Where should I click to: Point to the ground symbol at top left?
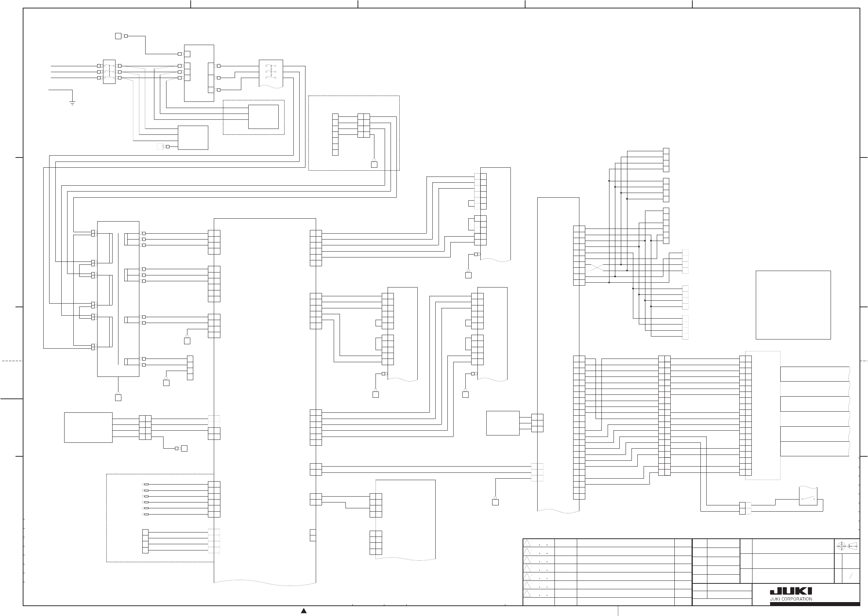72,103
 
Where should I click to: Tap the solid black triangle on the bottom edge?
304,610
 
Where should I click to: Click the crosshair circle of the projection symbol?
842,546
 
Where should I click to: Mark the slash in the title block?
851,576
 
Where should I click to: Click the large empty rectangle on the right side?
793,305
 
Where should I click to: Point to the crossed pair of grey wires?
594,267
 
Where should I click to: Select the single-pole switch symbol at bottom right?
808,499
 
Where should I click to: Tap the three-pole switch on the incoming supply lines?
109,72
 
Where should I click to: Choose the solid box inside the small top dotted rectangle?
264,117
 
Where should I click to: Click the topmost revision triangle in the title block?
527,543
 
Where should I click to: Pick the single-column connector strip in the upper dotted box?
335,135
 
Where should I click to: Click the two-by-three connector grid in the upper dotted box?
364,126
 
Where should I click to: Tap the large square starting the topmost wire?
118,36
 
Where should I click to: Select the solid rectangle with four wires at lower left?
88,427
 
